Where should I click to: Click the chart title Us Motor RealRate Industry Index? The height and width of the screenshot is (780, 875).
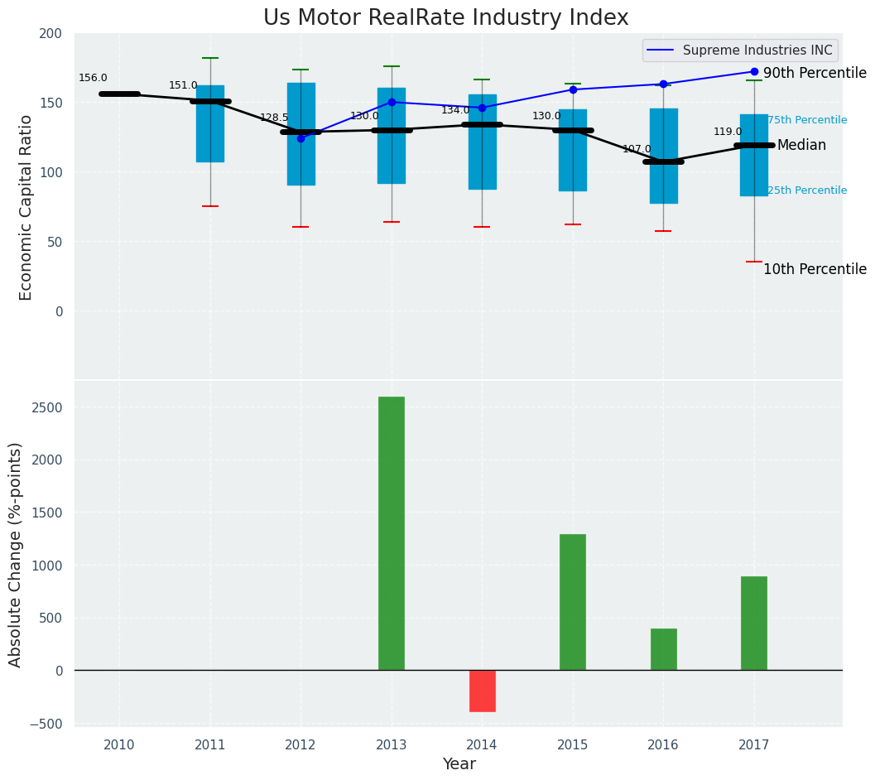(445, 18)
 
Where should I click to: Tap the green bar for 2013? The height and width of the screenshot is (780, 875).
(392, 533)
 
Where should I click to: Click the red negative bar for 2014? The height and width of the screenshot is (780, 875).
(482, 691)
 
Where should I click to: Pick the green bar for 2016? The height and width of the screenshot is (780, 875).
(663, 649)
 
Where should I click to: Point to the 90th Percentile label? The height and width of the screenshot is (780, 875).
(815, 73)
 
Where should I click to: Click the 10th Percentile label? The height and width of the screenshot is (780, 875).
(815, 269)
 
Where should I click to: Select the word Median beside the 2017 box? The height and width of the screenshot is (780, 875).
(801, 145)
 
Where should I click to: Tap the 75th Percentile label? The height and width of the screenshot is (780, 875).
(807, 120)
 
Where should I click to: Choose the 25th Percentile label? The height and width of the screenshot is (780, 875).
(807, 190)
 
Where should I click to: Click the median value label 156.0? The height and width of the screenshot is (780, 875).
(93, 78)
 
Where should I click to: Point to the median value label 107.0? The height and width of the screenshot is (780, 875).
(637, 149)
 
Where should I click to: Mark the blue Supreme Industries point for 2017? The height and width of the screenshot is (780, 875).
(754, 71)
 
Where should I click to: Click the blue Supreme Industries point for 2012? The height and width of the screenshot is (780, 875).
(300, 138)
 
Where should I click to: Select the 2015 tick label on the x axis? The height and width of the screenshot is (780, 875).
(573, 745)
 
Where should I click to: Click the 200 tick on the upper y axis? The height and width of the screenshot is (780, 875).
(50, 33)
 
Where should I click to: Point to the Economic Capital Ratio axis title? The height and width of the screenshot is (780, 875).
(26, 207)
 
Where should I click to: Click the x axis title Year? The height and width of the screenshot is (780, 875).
(459, 764)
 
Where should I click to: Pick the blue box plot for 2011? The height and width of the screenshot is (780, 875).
(210, 123)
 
